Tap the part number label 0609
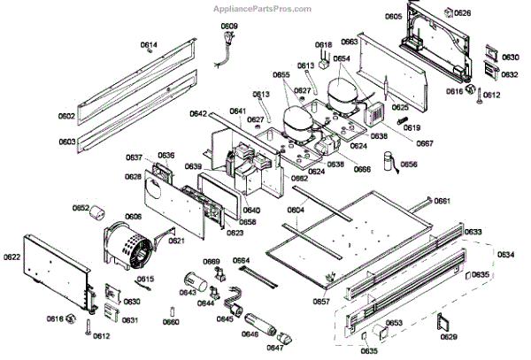pyautogui.click(x=229, y=26)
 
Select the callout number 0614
pyautogui.click(x=149, y=45)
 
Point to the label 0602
pyautogui.click(x=67, y=116)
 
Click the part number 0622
pyautogui.click(x=12, y=257)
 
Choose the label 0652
pyautogui.click(x=81, y=210)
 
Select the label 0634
pyautogui.click(x=505, y=255)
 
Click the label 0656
pyautogui.click(x=408, y=165)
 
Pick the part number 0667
pyautogui.click(x=425, y=143)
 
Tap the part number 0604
pyautogui.click(x=296, y=210)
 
